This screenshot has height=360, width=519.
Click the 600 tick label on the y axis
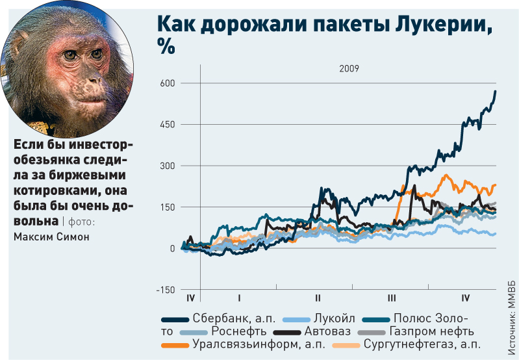tap(168, 83)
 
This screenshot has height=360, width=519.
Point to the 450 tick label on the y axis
tap(168, 124)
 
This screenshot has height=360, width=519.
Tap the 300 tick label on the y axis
tap(168, 166)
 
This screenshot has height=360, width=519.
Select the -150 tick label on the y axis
tap(166, 289)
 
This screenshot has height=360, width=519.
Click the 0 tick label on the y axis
tap(172, 248)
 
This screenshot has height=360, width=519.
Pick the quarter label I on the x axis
tap(240, 298)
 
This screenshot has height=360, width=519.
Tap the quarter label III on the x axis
tap(391, 298)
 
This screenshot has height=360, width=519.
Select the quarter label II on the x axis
tap(318, 298)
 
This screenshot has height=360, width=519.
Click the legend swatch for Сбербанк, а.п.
tap(174, 319)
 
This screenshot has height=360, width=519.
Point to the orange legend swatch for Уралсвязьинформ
tap(174, 344)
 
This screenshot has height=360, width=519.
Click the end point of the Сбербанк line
tap(496, 91)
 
